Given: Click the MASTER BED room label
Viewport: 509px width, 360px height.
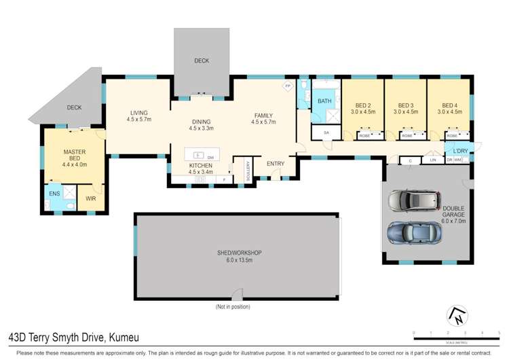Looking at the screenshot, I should coord(73,158).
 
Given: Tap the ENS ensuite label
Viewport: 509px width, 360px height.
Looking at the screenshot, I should coord(54,194).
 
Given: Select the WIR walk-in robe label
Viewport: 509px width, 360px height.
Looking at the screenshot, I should coord(90,199).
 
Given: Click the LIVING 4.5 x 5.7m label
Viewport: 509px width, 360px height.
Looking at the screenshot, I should coord(138,116).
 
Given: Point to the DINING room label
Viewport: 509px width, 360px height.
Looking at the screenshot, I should coord(202,124).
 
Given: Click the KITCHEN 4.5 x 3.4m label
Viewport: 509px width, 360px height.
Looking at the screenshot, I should coord(201,168).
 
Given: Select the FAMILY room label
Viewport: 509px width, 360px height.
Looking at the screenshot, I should coord(263,119).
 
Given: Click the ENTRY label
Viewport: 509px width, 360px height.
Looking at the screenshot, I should coord(275,163).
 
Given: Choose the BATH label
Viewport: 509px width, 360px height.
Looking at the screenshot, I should coord(325,101).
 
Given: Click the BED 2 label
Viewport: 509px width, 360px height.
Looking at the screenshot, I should coord(364,108).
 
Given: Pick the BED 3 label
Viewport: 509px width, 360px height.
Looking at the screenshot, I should coord(406,108).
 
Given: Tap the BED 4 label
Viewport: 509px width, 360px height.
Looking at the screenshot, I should coord(449,108).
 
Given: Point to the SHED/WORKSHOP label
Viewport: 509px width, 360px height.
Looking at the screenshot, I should coord(239,256).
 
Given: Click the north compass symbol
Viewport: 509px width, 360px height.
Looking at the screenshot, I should coord(457,316).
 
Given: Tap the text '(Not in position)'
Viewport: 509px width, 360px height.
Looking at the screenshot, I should coord(233,307).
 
